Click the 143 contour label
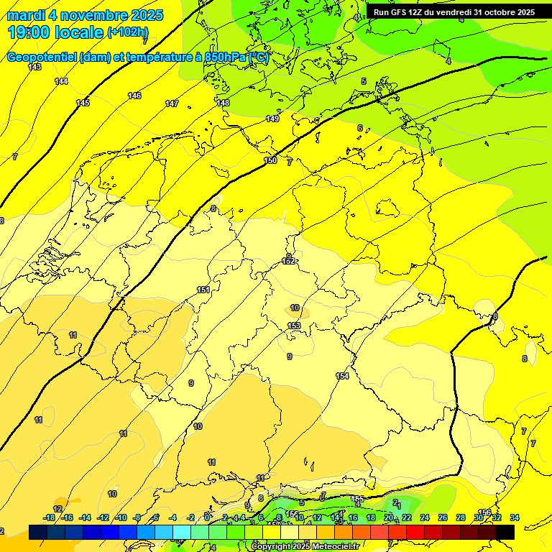click(x=34, y=67)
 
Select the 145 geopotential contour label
click(x=83, y=103)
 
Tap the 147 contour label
click(x=172, y=104)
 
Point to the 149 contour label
click(x=272, y=119)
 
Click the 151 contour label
click(x=203, y=290)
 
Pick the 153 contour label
click(x=294, y=326)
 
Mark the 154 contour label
click(x=342, y=376)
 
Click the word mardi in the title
click(x=27, y=15)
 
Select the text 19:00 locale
click(x=55, y=32)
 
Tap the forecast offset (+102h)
click(x=128, y=32)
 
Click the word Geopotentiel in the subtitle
click(x=42, y=57)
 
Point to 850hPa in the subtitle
click(x=226, y=57)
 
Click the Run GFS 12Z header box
click(x=454, y=12)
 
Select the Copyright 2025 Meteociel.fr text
click(x=305, y=547)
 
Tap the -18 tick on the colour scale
click(x=50, y=517)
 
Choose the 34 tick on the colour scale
click(x=515, y=517)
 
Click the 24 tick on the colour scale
click(x=425, y=517)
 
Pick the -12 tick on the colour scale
click(x=103, y=517)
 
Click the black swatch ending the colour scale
click(x=505, y=533)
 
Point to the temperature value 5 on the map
click(x=364, y=81)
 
